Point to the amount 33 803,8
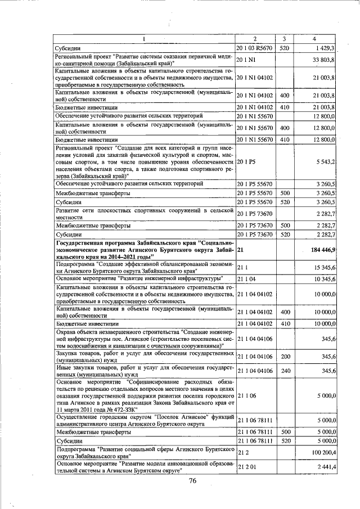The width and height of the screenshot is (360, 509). coord(323,60)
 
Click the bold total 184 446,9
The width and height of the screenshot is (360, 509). coord(321,249)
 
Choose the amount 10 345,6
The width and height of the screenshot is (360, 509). coord(323,278)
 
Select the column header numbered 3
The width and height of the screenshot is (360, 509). coord(285,38)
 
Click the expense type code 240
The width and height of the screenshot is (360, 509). coord(285,372)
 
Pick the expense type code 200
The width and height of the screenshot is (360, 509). coord(285,357)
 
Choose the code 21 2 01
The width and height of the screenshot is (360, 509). coord(246,467)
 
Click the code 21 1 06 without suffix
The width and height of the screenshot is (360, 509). coord(246,396)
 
